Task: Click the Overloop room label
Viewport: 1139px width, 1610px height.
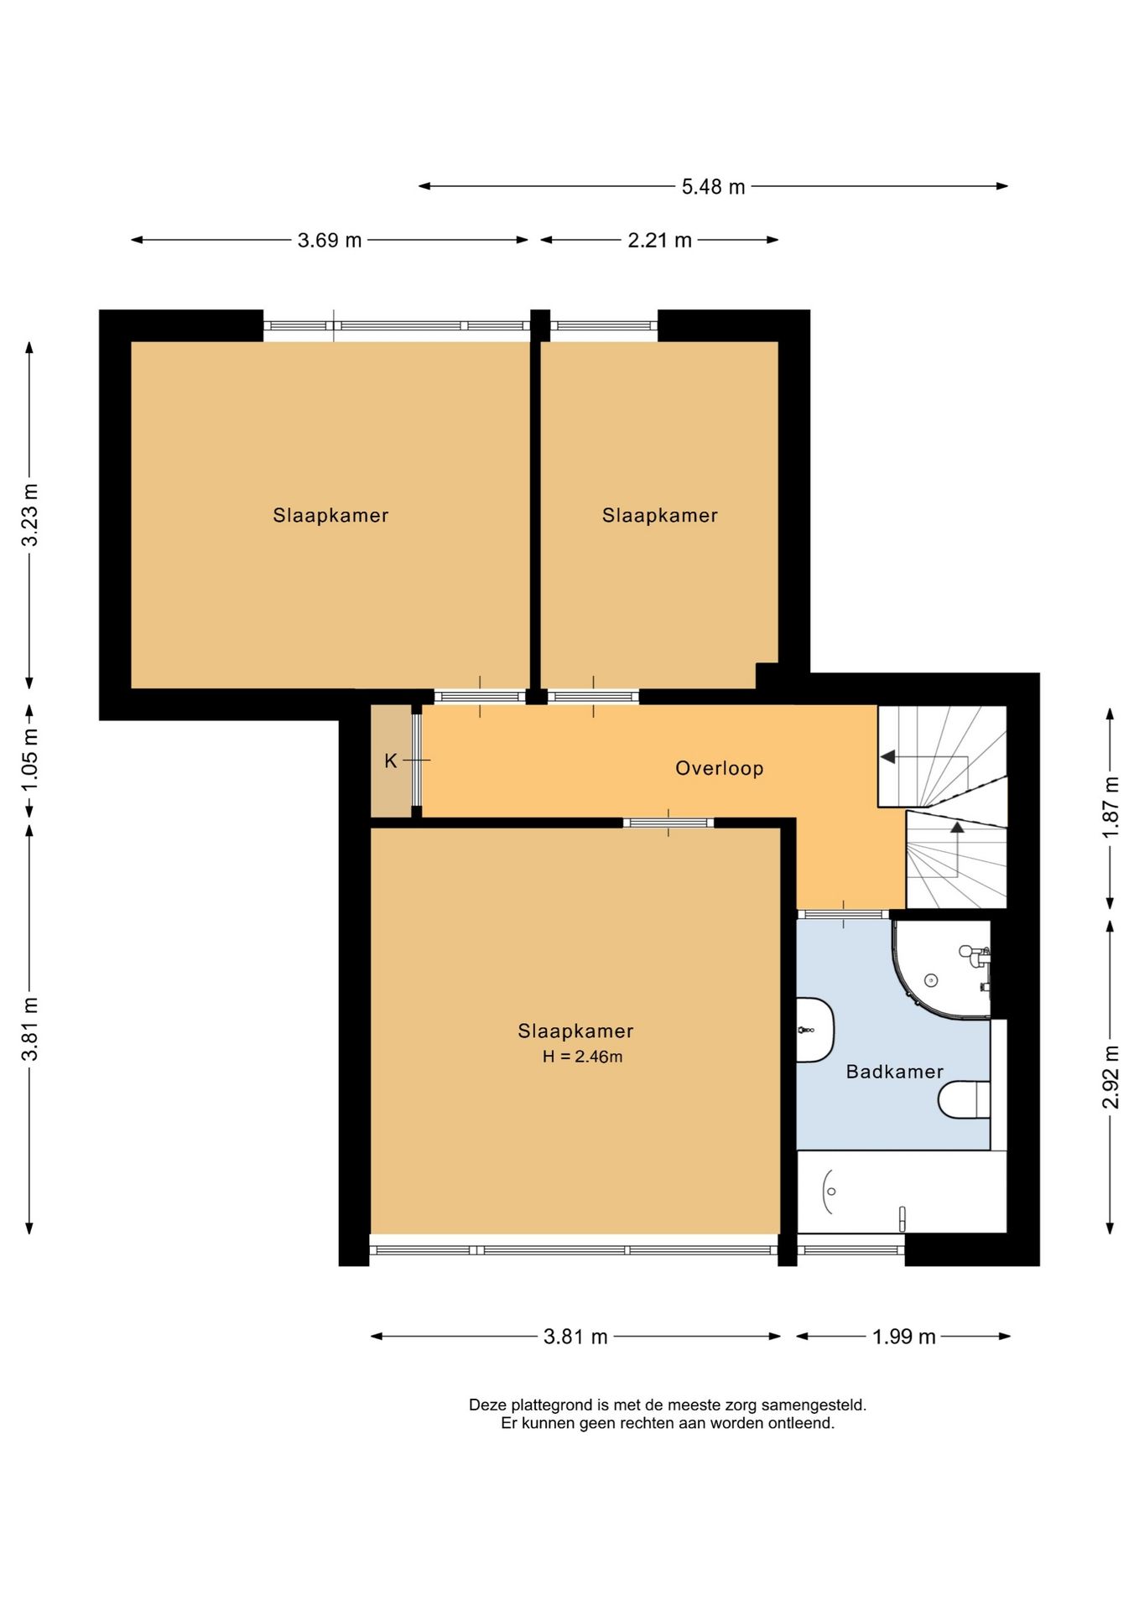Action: click(x=719, y=768)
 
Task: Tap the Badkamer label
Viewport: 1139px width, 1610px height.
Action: click(x=894, y=1072)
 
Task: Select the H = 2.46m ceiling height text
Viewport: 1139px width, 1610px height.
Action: click(x=582, y=1057)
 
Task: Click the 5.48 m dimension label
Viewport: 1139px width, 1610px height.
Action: click(x=713, y=187)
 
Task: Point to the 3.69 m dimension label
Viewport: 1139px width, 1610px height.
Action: click(x=330, y=241)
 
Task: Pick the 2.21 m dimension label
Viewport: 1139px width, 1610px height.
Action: click(x=659, y=241)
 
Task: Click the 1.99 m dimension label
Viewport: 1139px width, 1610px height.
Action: click(x=903, y=1337)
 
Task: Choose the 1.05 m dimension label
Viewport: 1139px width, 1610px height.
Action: click(x=30, y=760)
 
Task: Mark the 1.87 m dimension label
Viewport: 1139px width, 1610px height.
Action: click(x=1110, y=808)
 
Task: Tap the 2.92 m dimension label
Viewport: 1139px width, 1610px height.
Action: click(x=1110, y=1077)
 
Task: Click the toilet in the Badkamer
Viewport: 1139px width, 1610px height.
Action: click(x=964, y=1099)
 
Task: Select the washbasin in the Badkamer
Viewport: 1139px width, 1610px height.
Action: click(x=814, y=1030)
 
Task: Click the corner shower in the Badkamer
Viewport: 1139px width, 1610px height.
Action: click(x=941, y=970)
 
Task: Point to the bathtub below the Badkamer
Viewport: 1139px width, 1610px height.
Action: click(x=901, y=1192)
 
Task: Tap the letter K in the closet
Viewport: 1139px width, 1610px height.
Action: click(x=391, y=761)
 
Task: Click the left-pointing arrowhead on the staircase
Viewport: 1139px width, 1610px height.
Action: click(x=887, y=757)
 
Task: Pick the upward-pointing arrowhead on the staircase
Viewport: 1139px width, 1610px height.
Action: click(x=957, y=827)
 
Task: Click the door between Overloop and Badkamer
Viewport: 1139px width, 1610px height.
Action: click(x=842, y=914)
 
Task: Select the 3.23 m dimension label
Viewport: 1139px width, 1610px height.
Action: click(x=30, y=515)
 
